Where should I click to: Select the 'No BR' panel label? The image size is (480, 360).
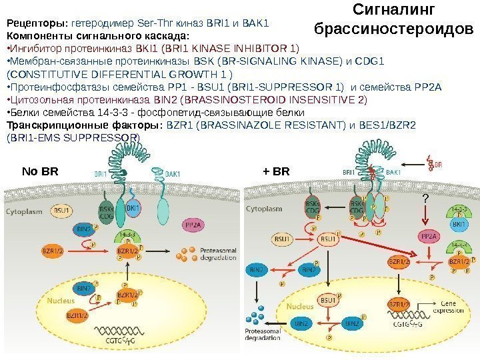point(41,171)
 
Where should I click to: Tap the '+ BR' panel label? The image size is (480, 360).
point(277,171)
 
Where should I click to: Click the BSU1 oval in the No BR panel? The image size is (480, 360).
point(63,210)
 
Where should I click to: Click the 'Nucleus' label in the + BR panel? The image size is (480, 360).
point(300,307)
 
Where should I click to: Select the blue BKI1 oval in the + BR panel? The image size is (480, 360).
point(459,225)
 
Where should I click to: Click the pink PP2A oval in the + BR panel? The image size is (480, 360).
point(429,236)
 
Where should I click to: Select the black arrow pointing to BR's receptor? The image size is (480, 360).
point(413,162)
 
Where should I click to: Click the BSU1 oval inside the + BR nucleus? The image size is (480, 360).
point(327,301)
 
